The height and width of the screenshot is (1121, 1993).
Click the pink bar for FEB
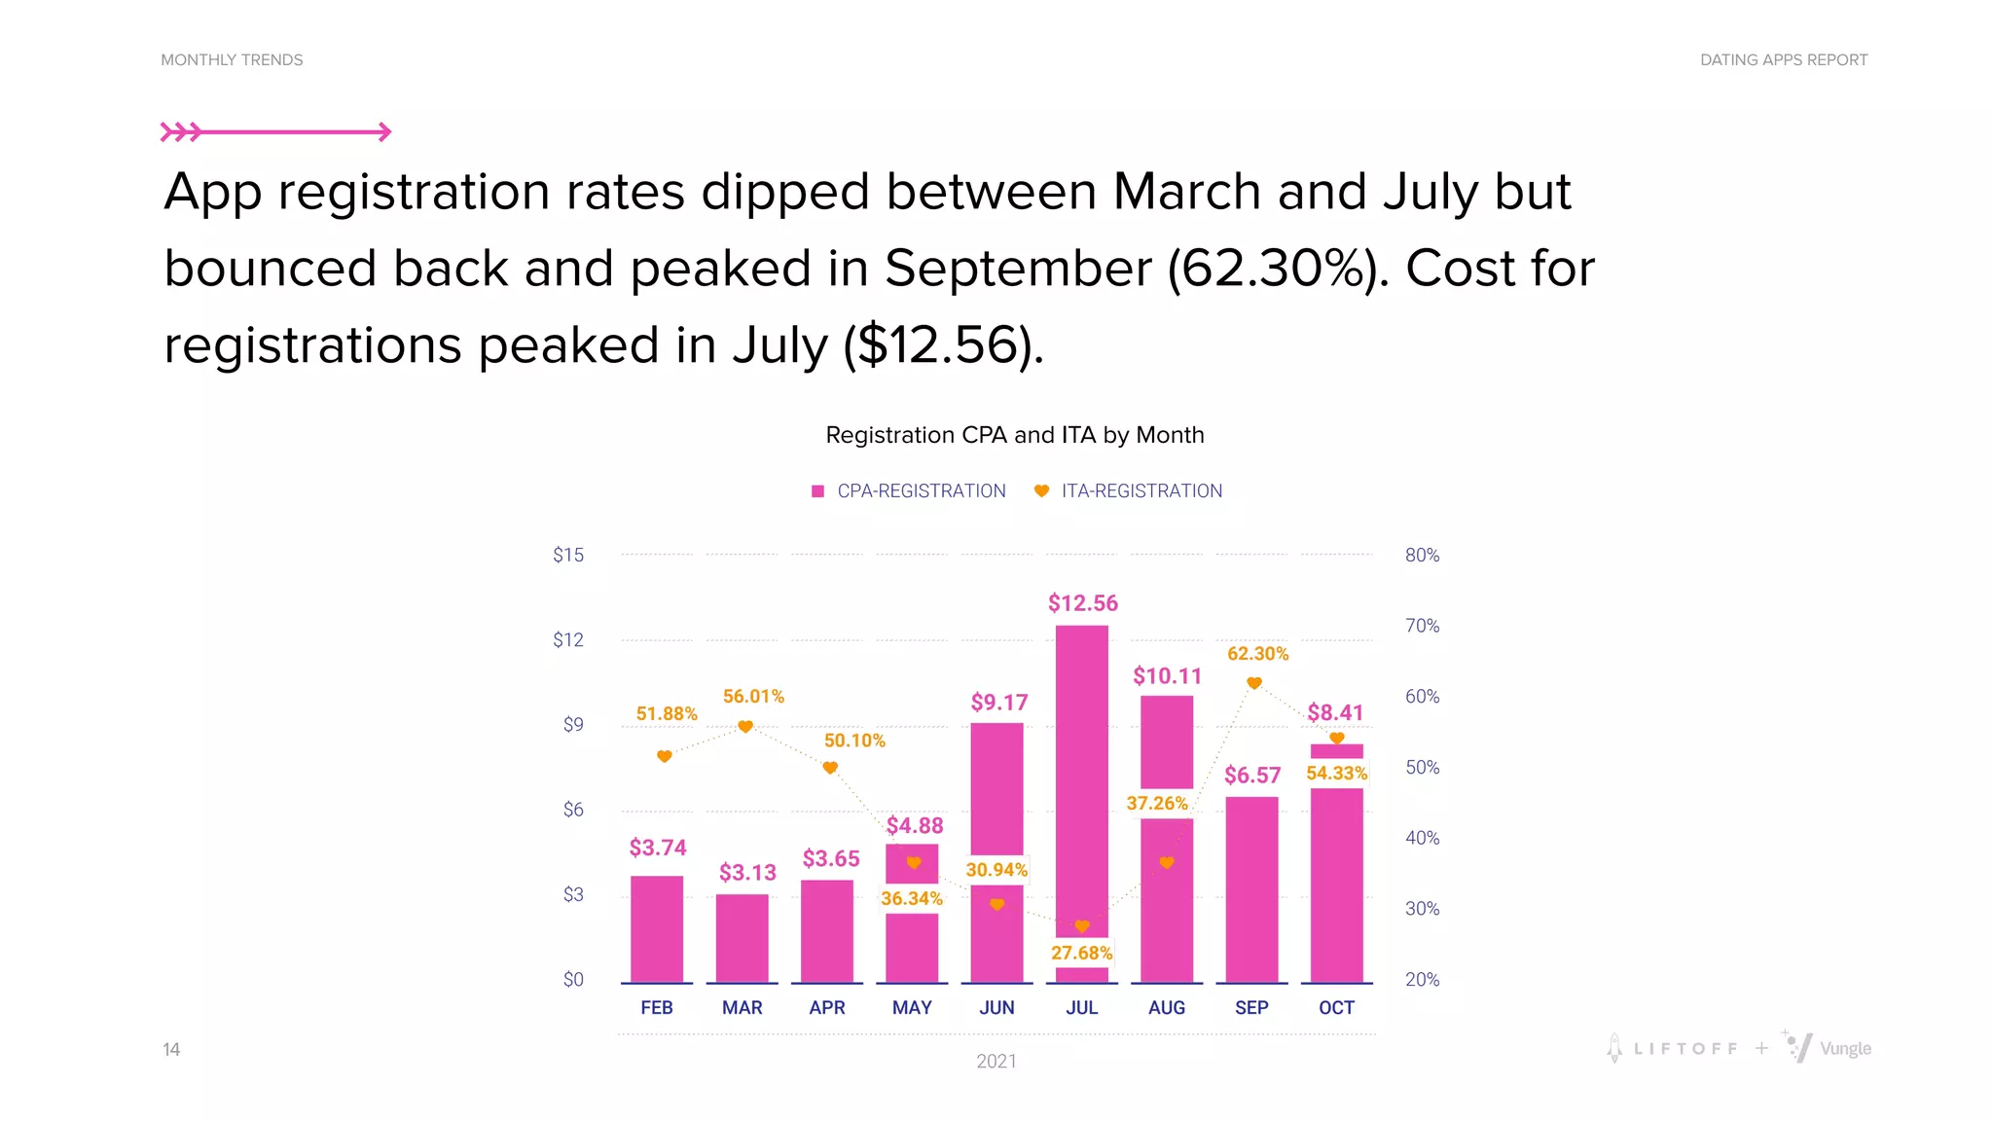tap(657, 929)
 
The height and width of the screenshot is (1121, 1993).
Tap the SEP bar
tap(1251, 890)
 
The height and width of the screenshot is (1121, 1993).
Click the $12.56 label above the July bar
tap(1082, 603)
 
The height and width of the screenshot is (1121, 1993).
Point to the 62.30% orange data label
tap(1257, 654)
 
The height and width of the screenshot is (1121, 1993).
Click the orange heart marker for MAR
tap(745, 727)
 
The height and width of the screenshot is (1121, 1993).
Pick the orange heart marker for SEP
tap(1254, 683)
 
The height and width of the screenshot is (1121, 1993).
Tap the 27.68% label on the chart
tap(1081, 953)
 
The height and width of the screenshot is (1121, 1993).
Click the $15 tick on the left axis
tap(568, 555)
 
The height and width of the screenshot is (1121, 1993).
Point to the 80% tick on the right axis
tap(1422, 555)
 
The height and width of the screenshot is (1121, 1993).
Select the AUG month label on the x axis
tap(1166, 1008)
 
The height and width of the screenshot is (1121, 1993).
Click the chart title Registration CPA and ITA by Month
tap(1014, 435)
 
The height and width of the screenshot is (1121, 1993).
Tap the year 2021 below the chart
tap(996, 1062)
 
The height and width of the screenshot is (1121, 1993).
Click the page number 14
tap(171, 1049)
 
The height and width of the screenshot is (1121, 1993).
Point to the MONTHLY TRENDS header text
tap(232, 60)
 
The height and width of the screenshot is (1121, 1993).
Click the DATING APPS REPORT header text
tap(1783, 60)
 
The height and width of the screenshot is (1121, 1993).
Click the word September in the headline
tap(1017, 269)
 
